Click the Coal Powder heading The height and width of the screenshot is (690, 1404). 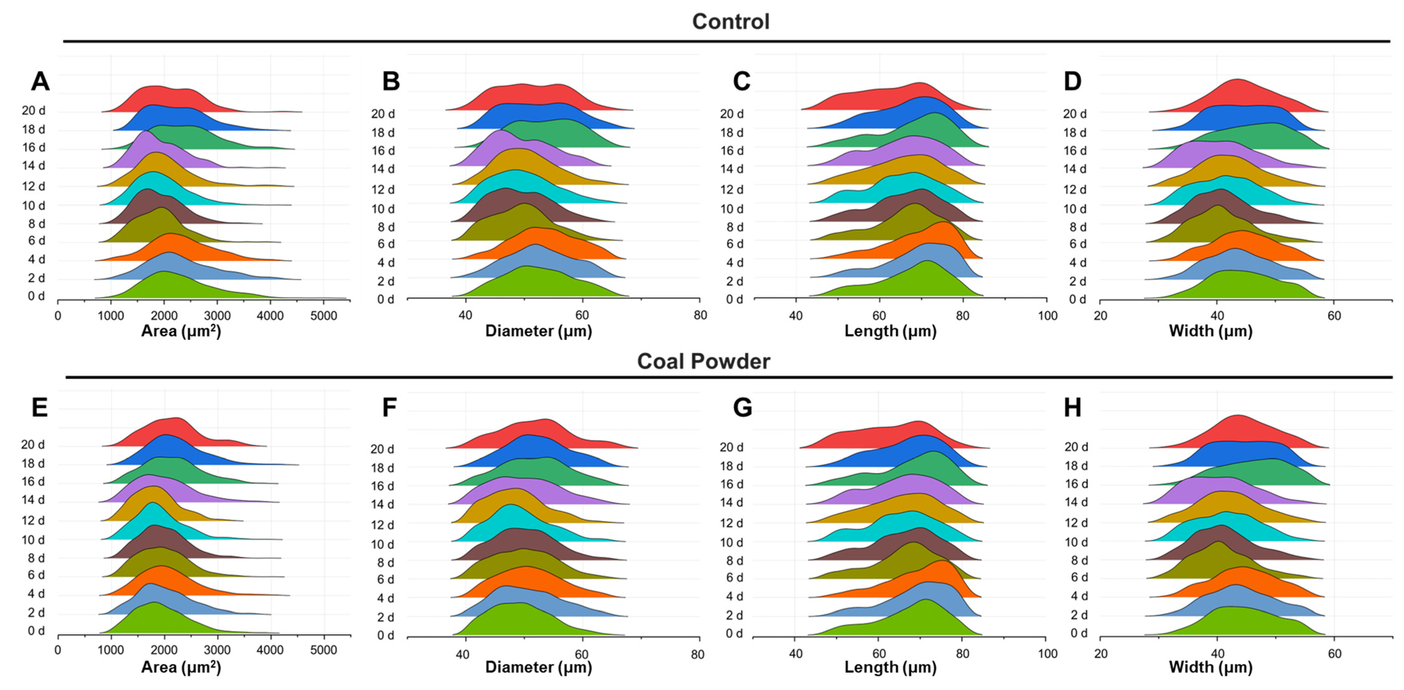coord(704,361)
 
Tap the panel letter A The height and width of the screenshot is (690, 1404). coord(40,81)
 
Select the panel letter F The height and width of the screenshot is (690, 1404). coord(389,407)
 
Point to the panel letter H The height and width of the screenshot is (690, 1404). coord(1073,407)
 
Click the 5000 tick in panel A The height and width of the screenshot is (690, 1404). coord(324,316)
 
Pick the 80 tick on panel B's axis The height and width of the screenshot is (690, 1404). coord(700,315)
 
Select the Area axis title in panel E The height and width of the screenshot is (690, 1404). coord(181,667)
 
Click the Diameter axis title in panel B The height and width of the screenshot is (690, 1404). coord(539,331)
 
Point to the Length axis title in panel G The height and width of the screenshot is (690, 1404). coord(890,667)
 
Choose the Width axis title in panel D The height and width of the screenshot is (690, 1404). coord(1211,331)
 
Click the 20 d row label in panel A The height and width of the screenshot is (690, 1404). coord(33,111)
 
